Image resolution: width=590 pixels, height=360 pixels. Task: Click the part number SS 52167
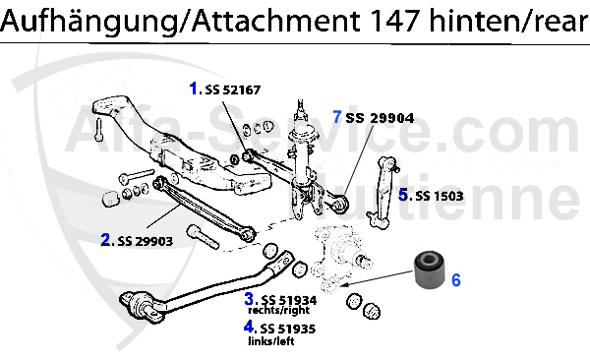pyautogui.click(x=232, y=90)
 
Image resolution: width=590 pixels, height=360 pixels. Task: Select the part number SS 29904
pyautogui.click(x=380, y=118)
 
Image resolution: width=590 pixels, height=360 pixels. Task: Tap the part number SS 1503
pyautogui.click(x=440, y=196)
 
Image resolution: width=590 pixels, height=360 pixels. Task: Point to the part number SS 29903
pyautogui.click(x=146, y=241)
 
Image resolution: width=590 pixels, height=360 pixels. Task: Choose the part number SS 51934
pyautogui.click(x=288, y=300)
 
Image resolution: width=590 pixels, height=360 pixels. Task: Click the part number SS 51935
pyautogui.click(x=288, y=329)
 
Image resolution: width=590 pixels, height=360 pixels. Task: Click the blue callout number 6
pyautogui.click(x=456, y=280)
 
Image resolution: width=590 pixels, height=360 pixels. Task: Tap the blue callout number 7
pyautogui.click(x=337, y=117)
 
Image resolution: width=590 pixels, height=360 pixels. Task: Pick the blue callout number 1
pyautogui.click(x=194, y=89)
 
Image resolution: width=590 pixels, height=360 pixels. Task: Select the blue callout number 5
pyautogui.click(x=403, y=195)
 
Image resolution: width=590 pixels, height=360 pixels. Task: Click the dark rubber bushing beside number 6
pyautogui.click(x=430, y=270)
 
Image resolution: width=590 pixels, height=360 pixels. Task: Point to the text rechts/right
pyautogui.click(x=279, y=310)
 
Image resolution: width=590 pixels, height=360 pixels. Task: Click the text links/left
pyautogui.click(x=271, y=341)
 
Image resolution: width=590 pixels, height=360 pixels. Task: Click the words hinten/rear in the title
pyautogui.click(x=508, y=22)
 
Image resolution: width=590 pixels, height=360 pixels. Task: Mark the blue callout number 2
pyautogui.click(x=106, y=240)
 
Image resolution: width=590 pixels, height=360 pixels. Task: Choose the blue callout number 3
pyautogui.click(x=249, y=299)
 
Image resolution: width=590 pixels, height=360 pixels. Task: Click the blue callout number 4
pyautogui.click(x=249, y=327)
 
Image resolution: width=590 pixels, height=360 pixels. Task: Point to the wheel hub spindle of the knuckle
pyautogui.click(x=362, y=260)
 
